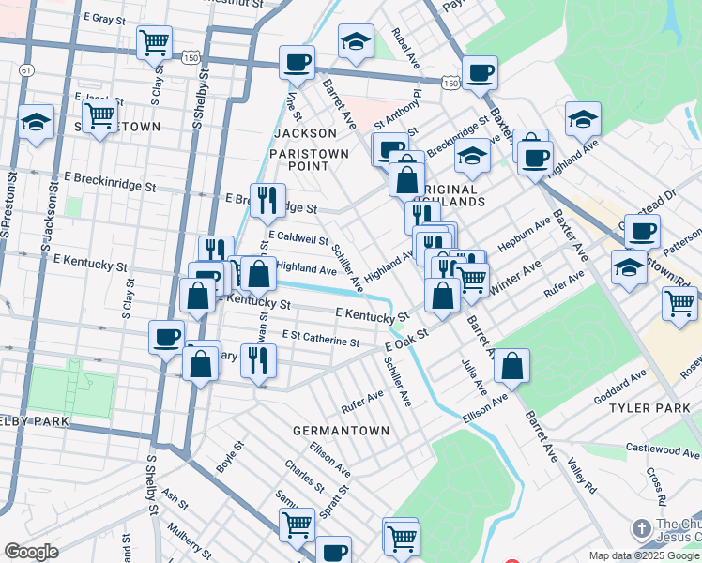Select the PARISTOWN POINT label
(309, 160)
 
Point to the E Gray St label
(104, 18)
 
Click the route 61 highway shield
(26, 70)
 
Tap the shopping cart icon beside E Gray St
(154, 41)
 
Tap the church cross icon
(642, 528)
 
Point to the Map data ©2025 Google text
(642, 555)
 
